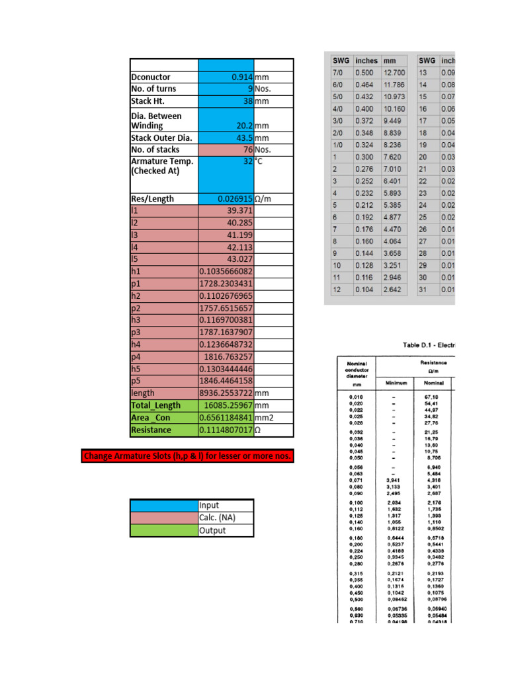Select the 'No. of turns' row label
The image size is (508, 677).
click(153, 89)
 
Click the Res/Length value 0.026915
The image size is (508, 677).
click(235, 198)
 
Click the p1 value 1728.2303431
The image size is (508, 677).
click(226, 283)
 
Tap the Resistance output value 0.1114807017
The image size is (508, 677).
click(226, 430)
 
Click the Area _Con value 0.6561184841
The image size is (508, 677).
click(226, 417)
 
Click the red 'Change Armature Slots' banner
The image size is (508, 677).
click(187, 456)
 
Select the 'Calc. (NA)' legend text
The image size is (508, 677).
click(218, 518)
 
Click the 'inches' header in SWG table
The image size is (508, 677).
click(366, 60)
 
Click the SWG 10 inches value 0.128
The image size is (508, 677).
click(364, 265)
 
